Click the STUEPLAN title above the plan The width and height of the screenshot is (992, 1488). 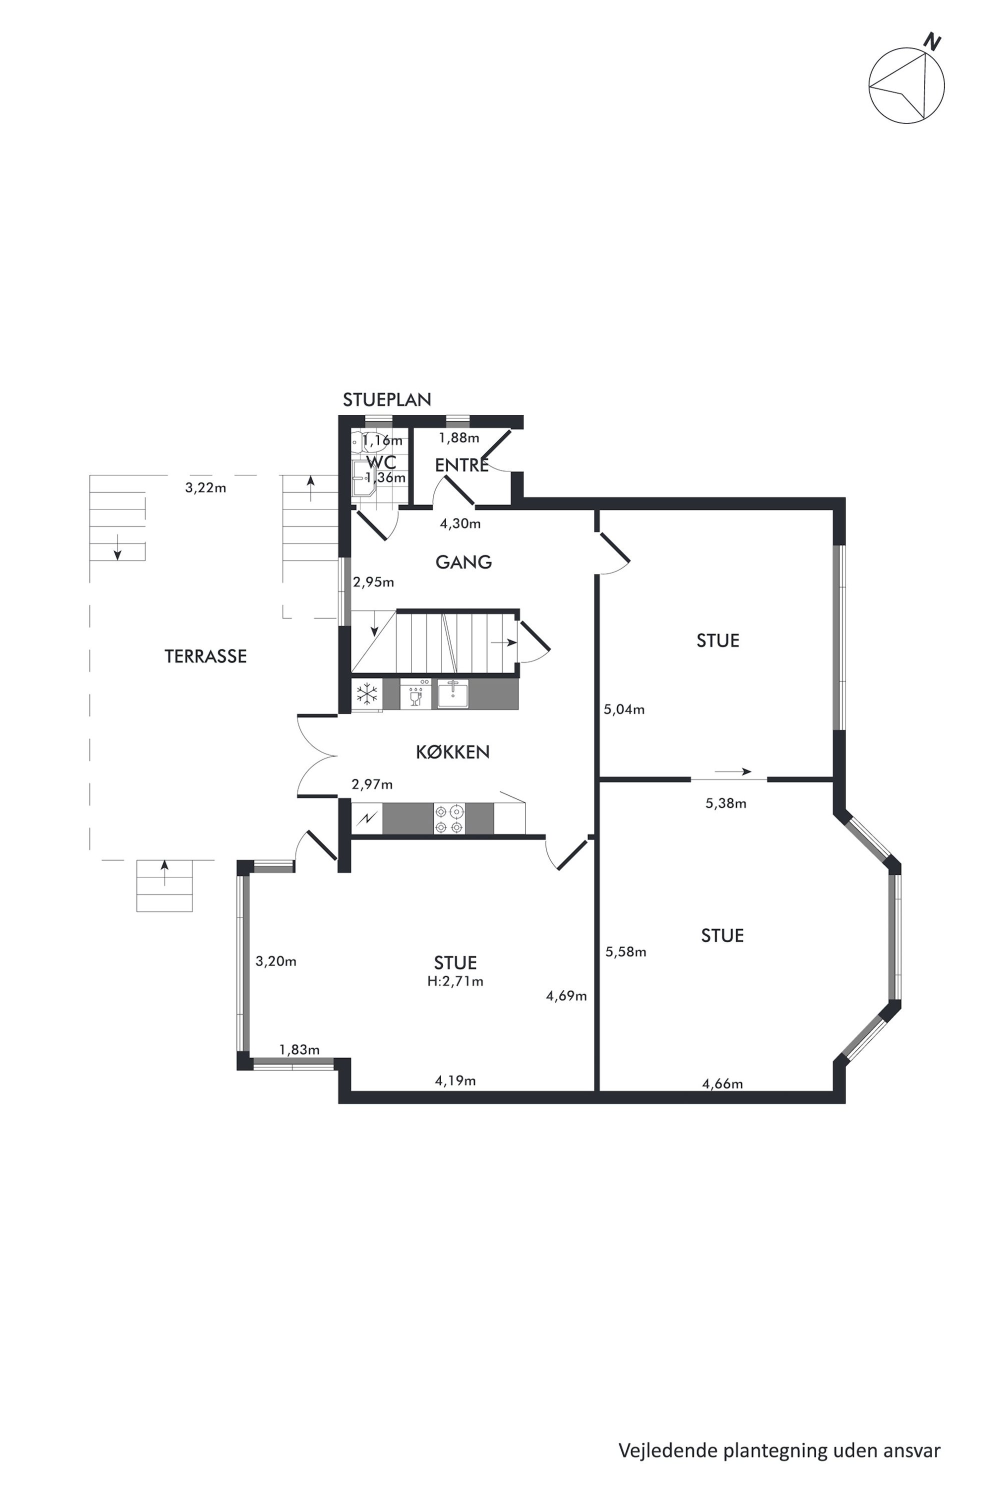pos(386,400)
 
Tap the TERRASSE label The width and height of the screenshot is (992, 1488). pos(205,656)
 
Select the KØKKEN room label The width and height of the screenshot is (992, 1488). pos(452,752)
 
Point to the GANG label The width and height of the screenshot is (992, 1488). pos(463,562)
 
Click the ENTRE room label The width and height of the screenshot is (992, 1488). pos(462,465)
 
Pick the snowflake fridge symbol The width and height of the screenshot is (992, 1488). pos(367,694)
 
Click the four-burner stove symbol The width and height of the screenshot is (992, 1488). pos(449,818)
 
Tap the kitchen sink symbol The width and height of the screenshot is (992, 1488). pos(453,693)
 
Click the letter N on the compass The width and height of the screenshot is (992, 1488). pos(932,42)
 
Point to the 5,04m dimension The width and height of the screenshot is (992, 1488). pos(624,710)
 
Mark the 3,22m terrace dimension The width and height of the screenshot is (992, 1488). pos(205,488)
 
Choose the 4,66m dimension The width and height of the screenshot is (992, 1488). pos(722,1083)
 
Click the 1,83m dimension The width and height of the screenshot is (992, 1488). pos(299,1049)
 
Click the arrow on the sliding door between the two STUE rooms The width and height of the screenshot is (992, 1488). pos(732,772)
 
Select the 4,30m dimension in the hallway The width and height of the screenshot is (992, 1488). pos(460,524)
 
